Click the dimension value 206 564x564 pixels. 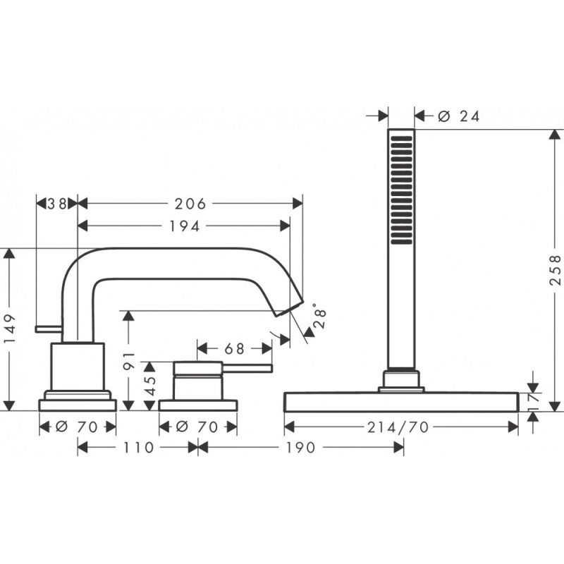(190, 204)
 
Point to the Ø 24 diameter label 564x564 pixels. (458, 117)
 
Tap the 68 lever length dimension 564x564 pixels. (235, 348)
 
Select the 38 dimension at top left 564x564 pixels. (57, 204)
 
